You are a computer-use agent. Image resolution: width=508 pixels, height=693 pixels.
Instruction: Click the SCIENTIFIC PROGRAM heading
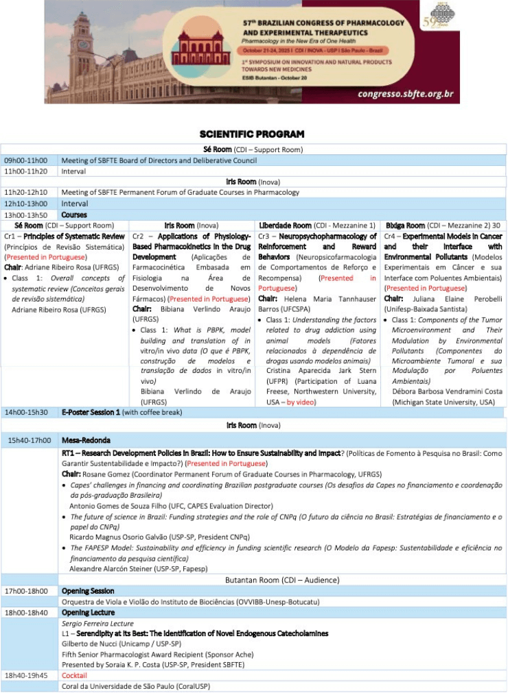click(252, 134)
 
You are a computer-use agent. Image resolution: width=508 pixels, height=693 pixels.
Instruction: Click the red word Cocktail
click(74, 675)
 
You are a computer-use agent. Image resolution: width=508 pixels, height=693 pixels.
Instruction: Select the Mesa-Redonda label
click(86, 440)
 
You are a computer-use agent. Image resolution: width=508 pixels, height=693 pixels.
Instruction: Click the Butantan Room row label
click(281, 580)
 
